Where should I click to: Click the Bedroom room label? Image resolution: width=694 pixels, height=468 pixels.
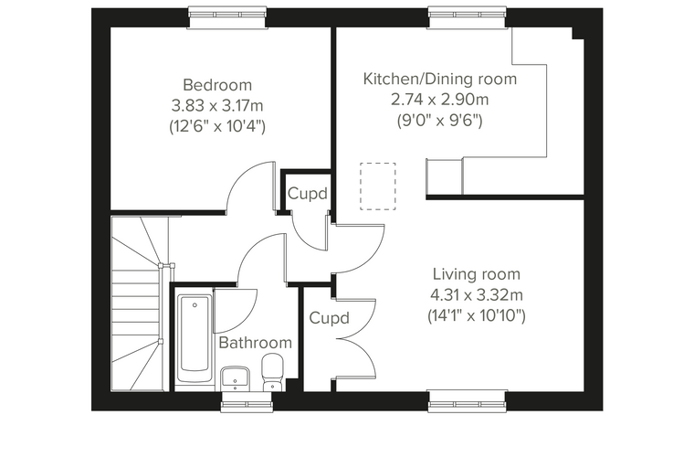coord(217,85)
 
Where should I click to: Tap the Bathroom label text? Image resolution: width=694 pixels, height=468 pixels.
coord(256,343)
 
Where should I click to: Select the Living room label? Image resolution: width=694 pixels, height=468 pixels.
coord(477,274)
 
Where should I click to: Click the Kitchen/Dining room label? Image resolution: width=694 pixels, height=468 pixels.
coord(440,79)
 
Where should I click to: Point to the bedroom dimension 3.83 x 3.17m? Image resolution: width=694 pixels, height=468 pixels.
coord(217,106)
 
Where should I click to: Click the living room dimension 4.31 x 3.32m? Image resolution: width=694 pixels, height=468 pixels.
coord(477,294)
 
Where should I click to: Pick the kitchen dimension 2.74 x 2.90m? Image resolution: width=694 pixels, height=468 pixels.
coord(440,100)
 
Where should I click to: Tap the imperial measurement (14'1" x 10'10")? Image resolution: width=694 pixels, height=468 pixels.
coord(477,316)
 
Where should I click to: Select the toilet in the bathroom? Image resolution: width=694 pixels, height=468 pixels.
coord(273,373)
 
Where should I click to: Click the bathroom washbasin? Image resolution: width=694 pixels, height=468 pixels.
coord(236,378)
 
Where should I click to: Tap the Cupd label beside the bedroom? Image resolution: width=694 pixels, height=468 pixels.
coord(308,194)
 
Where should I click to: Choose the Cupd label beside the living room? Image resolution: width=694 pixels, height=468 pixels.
coord(330,318)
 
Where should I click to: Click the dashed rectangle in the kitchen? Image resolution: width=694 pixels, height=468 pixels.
coord(377,186)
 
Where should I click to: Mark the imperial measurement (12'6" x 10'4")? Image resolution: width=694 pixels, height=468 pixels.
coord(217,127)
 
